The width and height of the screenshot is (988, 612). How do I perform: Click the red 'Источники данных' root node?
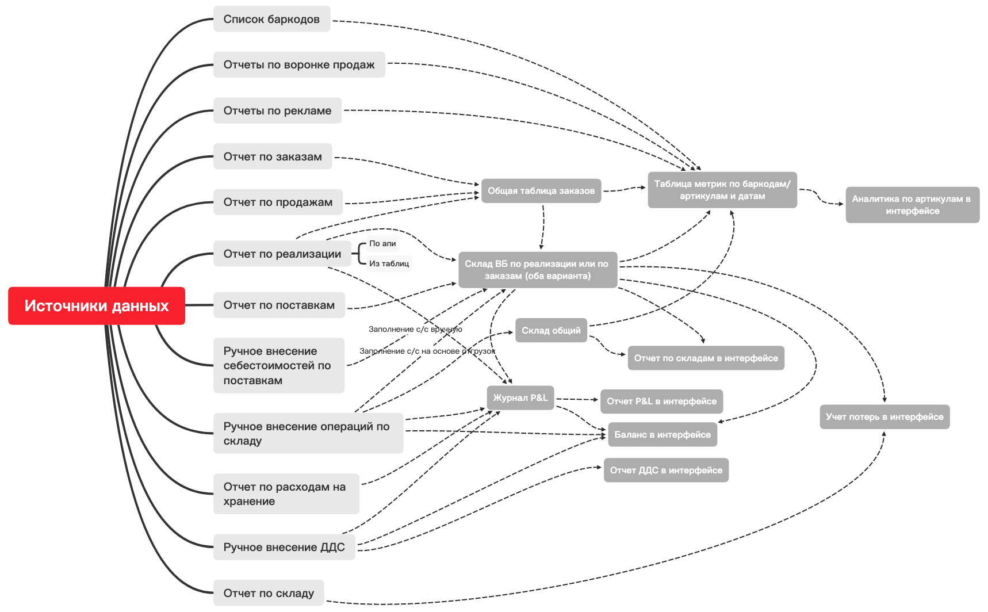97,305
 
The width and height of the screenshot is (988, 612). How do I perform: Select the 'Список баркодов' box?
271,19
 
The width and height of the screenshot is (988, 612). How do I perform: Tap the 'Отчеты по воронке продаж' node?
299,64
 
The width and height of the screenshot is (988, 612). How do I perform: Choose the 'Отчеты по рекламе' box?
277,110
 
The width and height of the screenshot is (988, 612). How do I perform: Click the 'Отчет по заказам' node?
273,156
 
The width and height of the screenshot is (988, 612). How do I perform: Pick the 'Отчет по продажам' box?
278,202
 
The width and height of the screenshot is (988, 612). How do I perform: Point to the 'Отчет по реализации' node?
282,254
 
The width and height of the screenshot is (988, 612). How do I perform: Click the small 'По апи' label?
382,243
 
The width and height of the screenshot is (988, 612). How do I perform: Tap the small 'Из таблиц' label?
389,263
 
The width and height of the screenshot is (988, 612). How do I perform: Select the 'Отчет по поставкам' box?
279,305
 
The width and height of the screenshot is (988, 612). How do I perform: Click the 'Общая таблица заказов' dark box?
541,190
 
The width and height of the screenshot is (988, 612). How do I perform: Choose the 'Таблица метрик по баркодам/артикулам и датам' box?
722,190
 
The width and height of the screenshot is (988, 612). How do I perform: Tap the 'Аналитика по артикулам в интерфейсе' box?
912,205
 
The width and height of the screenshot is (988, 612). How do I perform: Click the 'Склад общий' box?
551,330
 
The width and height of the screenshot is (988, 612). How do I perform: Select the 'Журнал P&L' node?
520,397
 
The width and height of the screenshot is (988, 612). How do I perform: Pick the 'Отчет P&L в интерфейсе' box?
661,401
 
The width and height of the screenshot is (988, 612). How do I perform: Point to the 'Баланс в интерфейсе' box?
663,434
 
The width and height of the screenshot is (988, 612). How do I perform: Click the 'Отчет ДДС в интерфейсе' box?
666,470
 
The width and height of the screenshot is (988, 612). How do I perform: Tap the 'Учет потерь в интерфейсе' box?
884,416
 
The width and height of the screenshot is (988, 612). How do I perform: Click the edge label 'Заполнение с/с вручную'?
415,329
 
